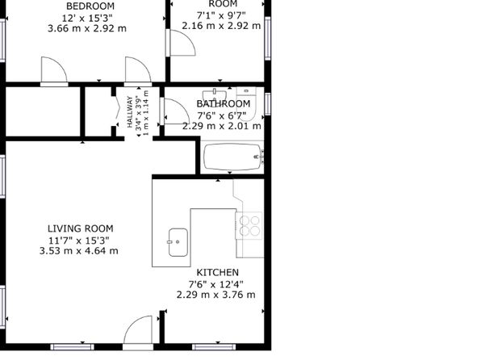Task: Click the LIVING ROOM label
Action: pyautogui.click(x=81, y=228)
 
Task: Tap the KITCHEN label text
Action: pyautogui.click(x=217, y=272)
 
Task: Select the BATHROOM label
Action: pyautogui.click(x=224, y=104)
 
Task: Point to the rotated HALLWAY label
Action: pyautogui.click(x=130, y=112)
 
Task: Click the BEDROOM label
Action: pyautogui.click(x=86, y=6)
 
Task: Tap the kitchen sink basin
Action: pyautogui.click(x=178, y=242)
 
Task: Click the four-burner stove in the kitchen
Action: pyautogui.click(x=249, y=225)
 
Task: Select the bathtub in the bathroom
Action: pyautogui.click(x=233, y=157)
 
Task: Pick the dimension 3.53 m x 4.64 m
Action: pyautogui.click(x=79, y=251)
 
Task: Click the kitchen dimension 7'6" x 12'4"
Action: pyautogui.click(x=216, y=284)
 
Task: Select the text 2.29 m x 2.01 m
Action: pyautogui.click(x=222, y=126)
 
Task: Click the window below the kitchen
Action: pyautogui.click(x=214, y=347)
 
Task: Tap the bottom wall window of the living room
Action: pyautogui.click(x=73, y=347)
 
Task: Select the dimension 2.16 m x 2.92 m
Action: pyautogui.click(x=221, y=26)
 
